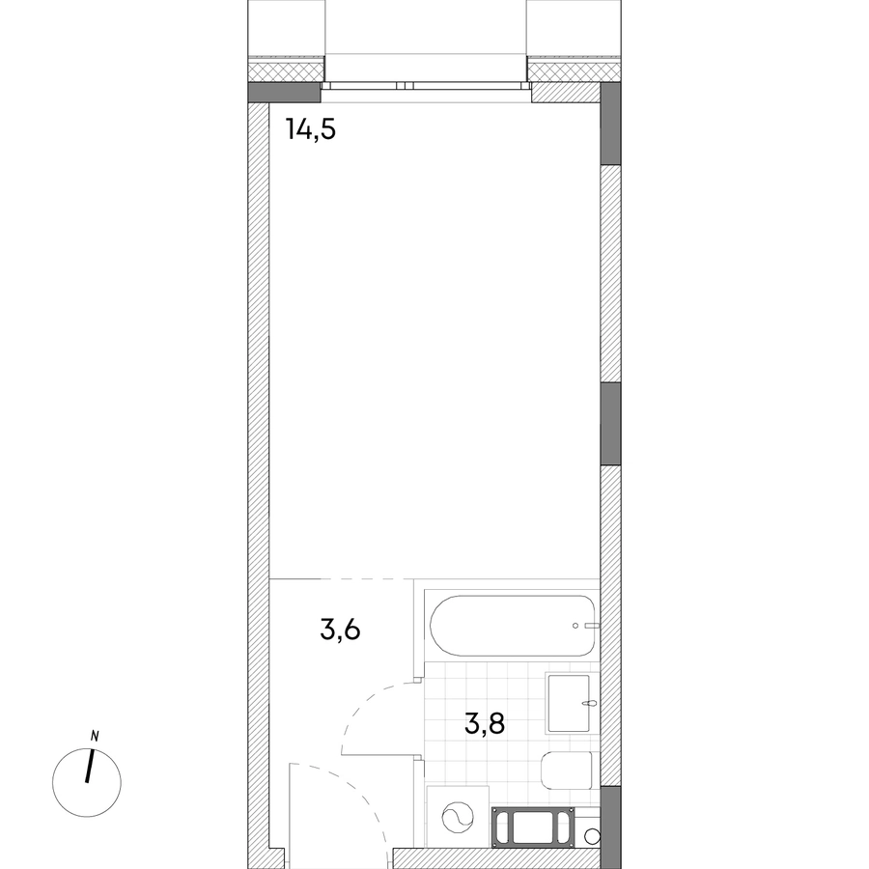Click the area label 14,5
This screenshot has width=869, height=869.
click(311, 129)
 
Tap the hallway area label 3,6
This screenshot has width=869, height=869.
click(340, 631)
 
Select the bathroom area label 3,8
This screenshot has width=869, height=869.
click(485, 723)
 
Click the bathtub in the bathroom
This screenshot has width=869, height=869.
click(513, 626)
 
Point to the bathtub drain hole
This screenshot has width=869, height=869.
click(575, 626)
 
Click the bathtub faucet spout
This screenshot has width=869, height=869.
click(593, 626)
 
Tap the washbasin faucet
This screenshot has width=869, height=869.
click(590, 705)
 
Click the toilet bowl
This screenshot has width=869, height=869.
click(567, 771)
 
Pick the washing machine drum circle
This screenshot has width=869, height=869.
click(458, 816)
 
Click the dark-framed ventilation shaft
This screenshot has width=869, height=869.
click(533, 827)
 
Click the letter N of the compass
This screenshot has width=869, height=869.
click(95, 736)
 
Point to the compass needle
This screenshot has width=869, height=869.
click(89, 767)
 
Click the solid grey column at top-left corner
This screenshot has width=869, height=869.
click(284, 92)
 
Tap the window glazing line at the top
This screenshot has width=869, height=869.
click(426, 85)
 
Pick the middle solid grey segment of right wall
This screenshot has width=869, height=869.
click(610, 424)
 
